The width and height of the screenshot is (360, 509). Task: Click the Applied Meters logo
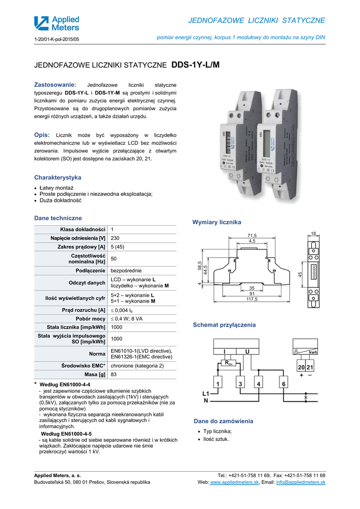[56, 23]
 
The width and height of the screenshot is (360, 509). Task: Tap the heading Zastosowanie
[55, 85]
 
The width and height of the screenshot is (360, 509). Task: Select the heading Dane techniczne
[58, 218]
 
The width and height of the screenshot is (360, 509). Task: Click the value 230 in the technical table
[115, 238]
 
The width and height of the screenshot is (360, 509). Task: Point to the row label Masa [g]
[94, 374]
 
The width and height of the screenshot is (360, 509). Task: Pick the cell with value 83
[114, 374]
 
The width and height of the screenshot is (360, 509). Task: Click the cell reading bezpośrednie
[126, 271]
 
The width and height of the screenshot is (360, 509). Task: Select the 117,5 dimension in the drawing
[252, 299]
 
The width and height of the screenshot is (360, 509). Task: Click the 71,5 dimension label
[252, 235]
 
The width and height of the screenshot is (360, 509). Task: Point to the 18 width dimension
[313, 234]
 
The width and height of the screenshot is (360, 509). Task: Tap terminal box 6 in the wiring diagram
[283, 384]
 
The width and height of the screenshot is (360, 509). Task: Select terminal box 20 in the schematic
[302, 367]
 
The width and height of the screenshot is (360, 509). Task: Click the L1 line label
[206, 393]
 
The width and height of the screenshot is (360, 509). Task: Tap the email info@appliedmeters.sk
[301, 483]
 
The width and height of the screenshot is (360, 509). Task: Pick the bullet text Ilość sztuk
[216, 439]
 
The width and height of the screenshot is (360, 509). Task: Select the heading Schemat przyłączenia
[224, 325]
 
